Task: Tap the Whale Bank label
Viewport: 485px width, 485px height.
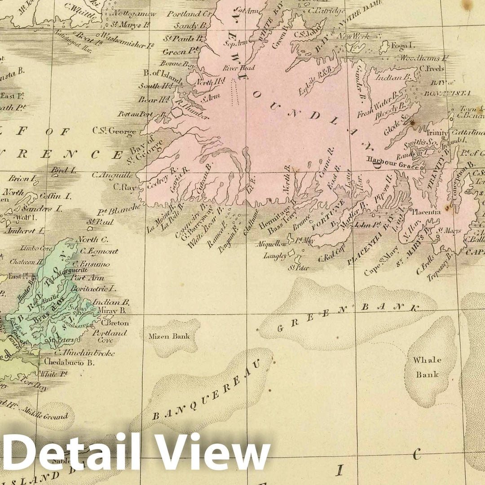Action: tap(427, 367)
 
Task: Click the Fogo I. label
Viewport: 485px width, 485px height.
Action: tap(396, 45)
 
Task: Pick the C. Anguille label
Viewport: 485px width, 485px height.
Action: tap(112, 175)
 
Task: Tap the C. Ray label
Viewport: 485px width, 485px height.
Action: tap(124, 187)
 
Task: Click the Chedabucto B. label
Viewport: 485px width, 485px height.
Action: tap(69, 362)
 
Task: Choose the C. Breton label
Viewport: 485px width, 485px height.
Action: tap(115, 323)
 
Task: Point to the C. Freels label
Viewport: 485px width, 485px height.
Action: tap(432, 69)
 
